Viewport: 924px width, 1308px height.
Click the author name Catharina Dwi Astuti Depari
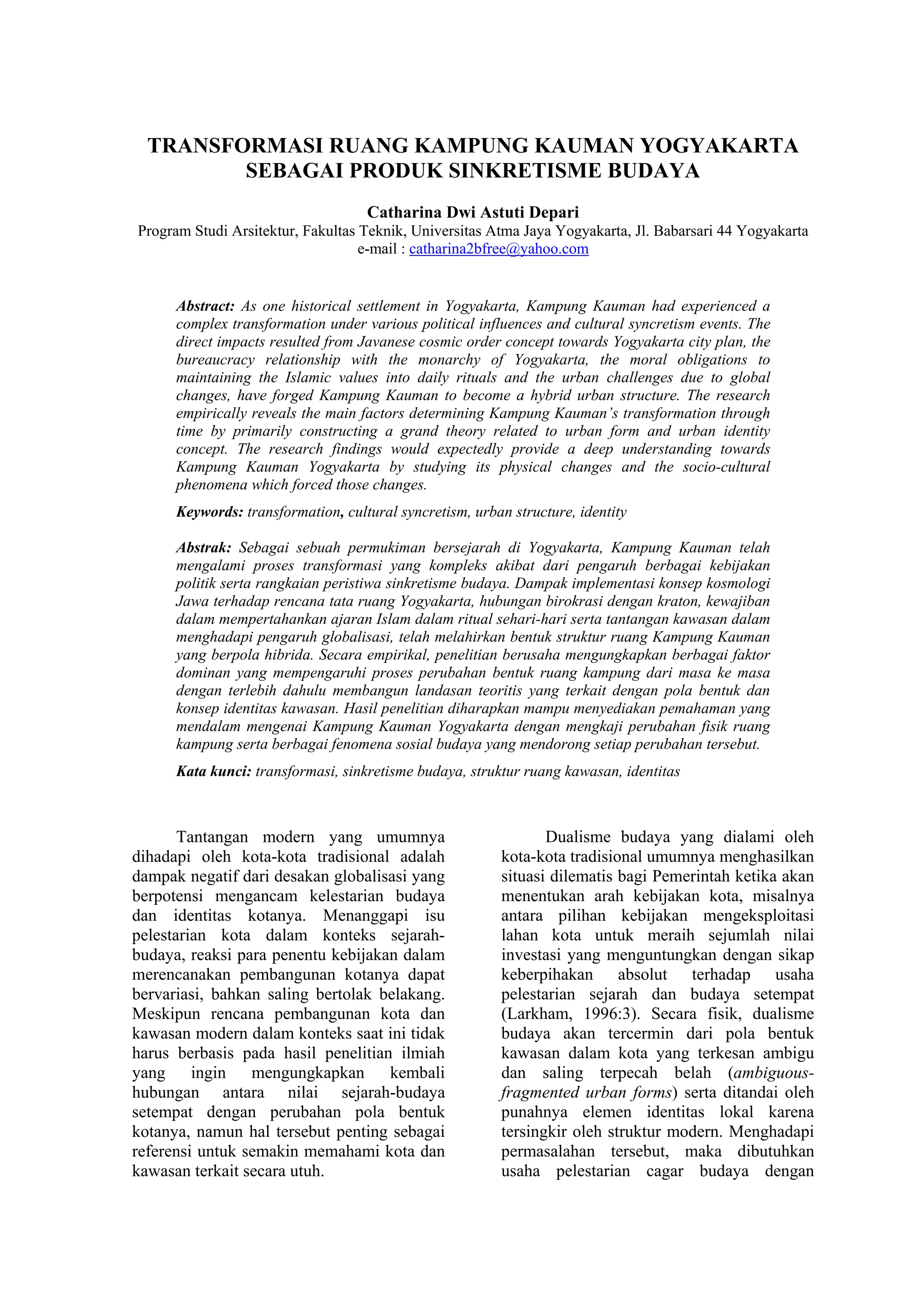pyautogui.click(x=472, y=213)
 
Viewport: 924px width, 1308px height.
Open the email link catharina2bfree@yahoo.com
pyautogui.click(x=499, y=249)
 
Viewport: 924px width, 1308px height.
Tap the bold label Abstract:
pyautogui.click(x=205, y=307)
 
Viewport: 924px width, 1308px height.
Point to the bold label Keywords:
pyautogui.click(x=209, y=512)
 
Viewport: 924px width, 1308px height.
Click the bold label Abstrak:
pyautogui.click(x=203, y=548)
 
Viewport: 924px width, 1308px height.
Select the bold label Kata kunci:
pyautogui.click(x=213, y=772)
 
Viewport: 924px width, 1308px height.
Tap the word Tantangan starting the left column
pyautogui.click(x=213, y=837)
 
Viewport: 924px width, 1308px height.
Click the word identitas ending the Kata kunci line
pyautogui.click(x=653, y=772)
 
